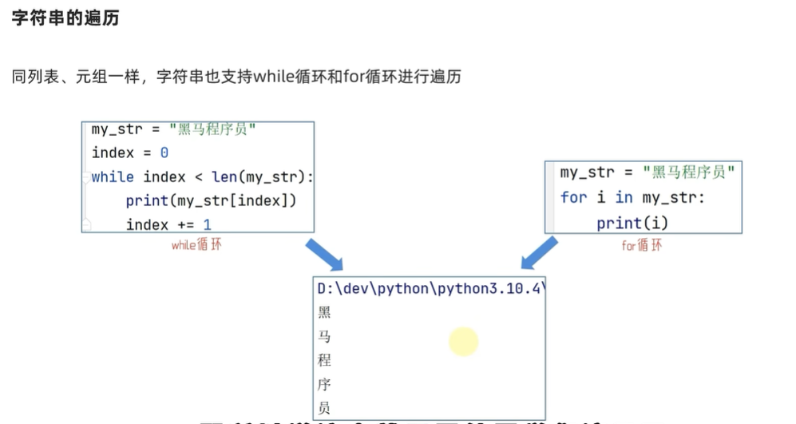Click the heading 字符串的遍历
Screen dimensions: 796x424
coord(65,18)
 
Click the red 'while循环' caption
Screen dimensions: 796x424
coord(196,245)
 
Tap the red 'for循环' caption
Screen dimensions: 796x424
coord(642,245)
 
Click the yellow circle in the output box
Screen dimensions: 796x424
coord(463,342)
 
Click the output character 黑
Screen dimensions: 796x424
coord(324,313)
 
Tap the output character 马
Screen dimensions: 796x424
coord(324,337)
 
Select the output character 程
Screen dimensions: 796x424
coord(324,361)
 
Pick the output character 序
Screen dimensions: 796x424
coord(324,385)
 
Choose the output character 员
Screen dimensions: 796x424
coord(324,408)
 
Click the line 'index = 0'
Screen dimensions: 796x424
coord(130,153)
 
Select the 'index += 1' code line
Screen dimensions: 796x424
coord(168,224)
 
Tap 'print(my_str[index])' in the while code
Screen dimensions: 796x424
coord(211,200)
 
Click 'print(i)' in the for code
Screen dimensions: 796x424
coord(632,223)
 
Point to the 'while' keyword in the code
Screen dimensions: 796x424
coord(113,176)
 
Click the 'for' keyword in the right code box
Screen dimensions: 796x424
coord(573,197)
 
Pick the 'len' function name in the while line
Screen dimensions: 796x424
coord(225,176)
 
